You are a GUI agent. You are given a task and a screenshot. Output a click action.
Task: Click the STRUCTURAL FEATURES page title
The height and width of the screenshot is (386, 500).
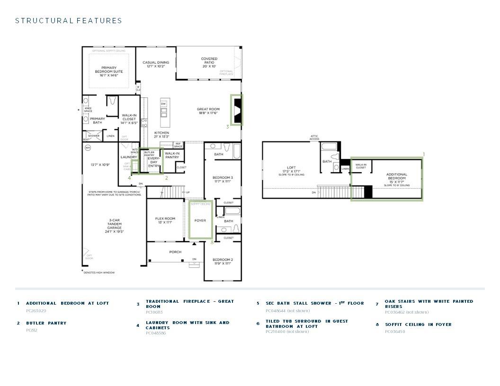(x=69, y=20)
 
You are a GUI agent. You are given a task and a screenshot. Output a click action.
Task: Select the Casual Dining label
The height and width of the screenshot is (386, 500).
(x=156, y=64)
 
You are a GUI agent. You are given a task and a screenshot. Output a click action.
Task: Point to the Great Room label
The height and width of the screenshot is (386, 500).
(x=208, y=111)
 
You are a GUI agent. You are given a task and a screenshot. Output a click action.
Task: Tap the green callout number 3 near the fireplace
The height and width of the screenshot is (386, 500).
(x=227, y=127)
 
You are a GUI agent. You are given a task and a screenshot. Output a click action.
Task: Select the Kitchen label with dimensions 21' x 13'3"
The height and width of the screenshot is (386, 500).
(x=161, y=135)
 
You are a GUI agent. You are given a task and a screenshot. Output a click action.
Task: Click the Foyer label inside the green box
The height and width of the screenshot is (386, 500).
(x=200, y=220)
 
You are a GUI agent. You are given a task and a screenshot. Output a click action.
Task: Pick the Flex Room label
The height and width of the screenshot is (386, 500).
(x=165, y=220)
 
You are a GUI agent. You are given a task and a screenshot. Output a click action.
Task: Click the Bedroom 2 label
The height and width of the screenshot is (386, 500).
(x=223, y=262)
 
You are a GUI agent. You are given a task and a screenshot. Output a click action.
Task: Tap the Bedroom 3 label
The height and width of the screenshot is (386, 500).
(x=223, y=179)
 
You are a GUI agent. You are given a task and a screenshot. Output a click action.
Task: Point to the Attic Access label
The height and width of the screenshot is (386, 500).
(x=314, y=137)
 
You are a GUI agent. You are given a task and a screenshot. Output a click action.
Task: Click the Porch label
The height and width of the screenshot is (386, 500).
(x=175, y=252)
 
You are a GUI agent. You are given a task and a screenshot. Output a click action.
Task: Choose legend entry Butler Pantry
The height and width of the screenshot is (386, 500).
(x=46, y=323)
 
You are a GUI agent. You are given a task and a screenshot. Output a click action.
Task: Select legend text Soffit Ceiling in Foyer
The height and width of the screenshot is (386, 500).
(x=418, y=325)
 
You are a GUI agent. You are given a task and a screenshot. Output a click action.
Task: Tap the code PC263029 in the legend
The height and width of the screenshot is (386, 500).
(x=36, y=311)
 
